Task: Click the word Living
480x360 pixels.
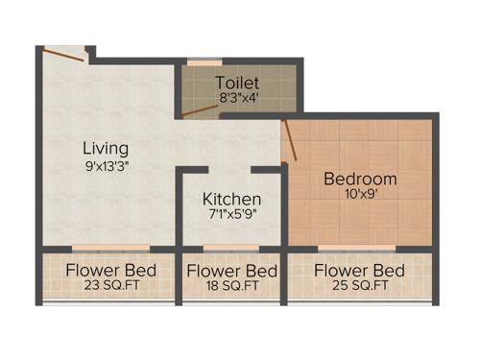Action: click(x=105, y=149)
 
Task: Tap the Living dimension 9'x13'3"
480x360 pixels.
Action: click(x=105, y=165)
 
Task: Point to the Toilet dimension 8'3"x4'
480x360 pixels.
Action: click(x=237, y=97)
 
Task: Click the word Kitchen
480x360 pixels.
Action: click(x=231, y=199)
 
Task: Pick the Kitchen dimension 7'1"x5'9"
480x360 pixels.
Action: click(x=231, y=214)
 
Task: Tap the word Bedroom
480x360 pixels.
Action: click(x=360, y=179)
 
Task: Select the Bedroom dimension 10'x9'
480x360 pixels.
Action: click(x=360, y=194)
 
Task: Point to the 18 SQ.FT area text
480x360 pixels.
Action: click(x=231, y=285)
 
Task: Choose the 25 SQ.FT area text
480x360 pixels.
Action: click(x=360, y=285)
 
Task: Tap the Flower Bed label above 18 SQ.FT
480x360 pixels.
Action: click(x=231, y=271)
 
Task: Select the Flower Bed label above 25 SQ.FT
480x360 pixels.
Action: click(x=360, y=270)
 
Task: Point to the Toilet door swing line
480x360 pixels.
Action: click(x=201, y=109)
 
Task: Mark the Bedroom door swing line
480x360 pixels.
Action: click(x=290, y=140)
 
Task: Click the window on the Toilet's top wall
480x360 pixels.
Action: click(x=204, y=63)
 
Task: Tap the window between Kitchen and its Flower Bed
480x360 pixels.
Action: click(x=231, y=248)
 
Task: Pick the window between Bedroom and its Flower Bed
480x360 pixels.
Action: click(x=361, y=248)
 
